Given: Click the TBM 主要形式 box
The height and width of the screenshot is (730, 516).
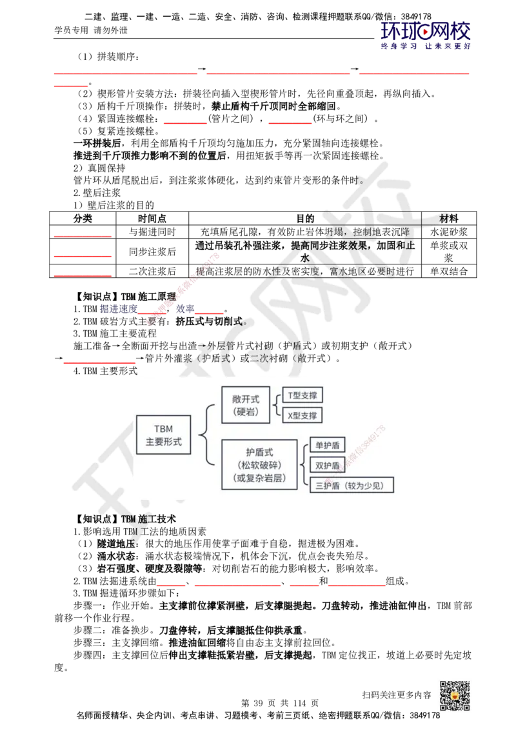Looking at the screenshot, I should (x=164, y=435).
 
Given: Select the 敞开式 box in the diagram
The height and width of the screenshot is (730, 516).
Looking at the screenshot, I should (x=245, y=404).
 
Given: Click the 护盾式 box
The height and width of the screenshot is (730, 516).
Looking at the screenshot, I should (x=259, y=465).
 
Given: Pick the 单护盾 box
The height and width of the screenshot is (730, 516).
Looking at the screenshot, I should (x=327, y=445).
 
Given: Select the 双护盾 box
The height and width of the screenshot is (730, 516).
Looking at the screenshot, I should (x=327, y=465).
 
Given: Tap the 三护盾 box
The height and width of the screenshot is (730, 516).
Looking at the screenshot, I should (x=352, y=486).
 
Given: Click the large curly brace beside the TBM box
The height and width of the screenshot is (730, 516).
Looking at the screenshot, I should (x=206, y=435).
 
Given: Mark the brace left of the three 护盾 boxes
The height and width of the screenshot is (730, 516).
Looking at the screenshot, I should (x=303, y=465).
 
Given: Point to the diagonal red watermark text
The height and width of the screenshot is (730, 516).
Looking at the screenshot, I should (x=184, y=290).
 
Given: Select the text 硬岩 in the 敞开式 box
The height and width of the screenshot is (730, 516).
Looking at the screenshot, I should (x=245, y=412).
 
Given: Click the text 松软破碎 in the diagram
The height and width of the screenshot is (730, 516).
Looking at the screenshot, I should (x=259, y=465).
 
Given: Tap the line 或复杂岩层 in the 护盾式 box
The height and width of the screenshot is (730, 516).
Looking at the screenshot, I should (x=259, y=478).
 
